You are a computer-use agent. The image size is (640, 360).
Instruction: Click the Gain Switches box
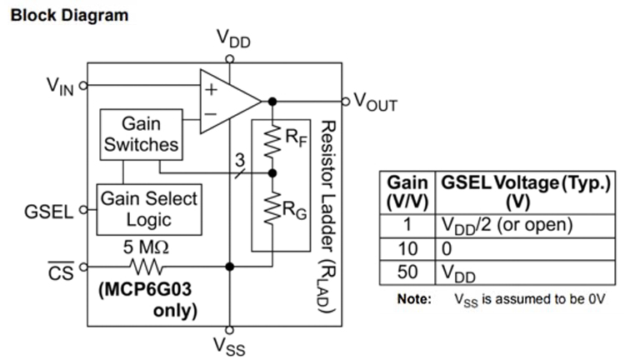coord(141,133)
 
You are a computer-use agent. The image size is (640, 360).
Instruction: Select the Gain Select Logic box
coord(148,208)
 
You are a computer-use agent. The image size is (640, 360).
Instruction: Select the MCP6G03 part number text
coord(147,291)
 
